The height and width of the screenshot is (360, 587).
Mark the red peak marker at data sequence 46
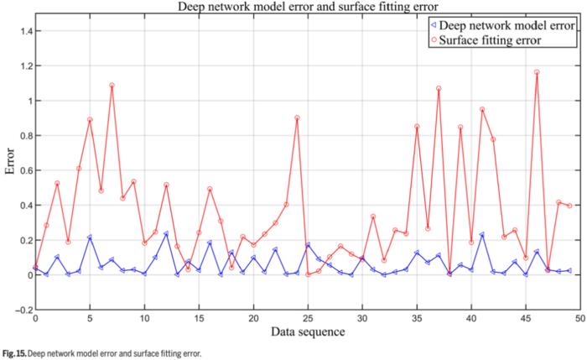[537, 72]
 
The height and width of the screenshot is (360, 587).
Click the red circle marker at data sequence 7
[112, 85]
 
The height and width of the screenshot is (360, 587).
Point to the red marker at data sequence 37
[439, 88]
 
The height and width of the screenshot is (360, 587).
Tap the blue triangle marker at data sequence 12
[166, 234]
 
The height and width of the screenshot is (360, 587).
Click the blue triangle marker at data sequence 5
[90, 237]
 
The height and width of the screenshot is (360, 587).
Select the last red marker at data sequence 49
[569, 206]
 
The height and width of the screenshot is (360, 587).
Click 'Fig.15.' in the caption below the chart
[13, 354]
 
